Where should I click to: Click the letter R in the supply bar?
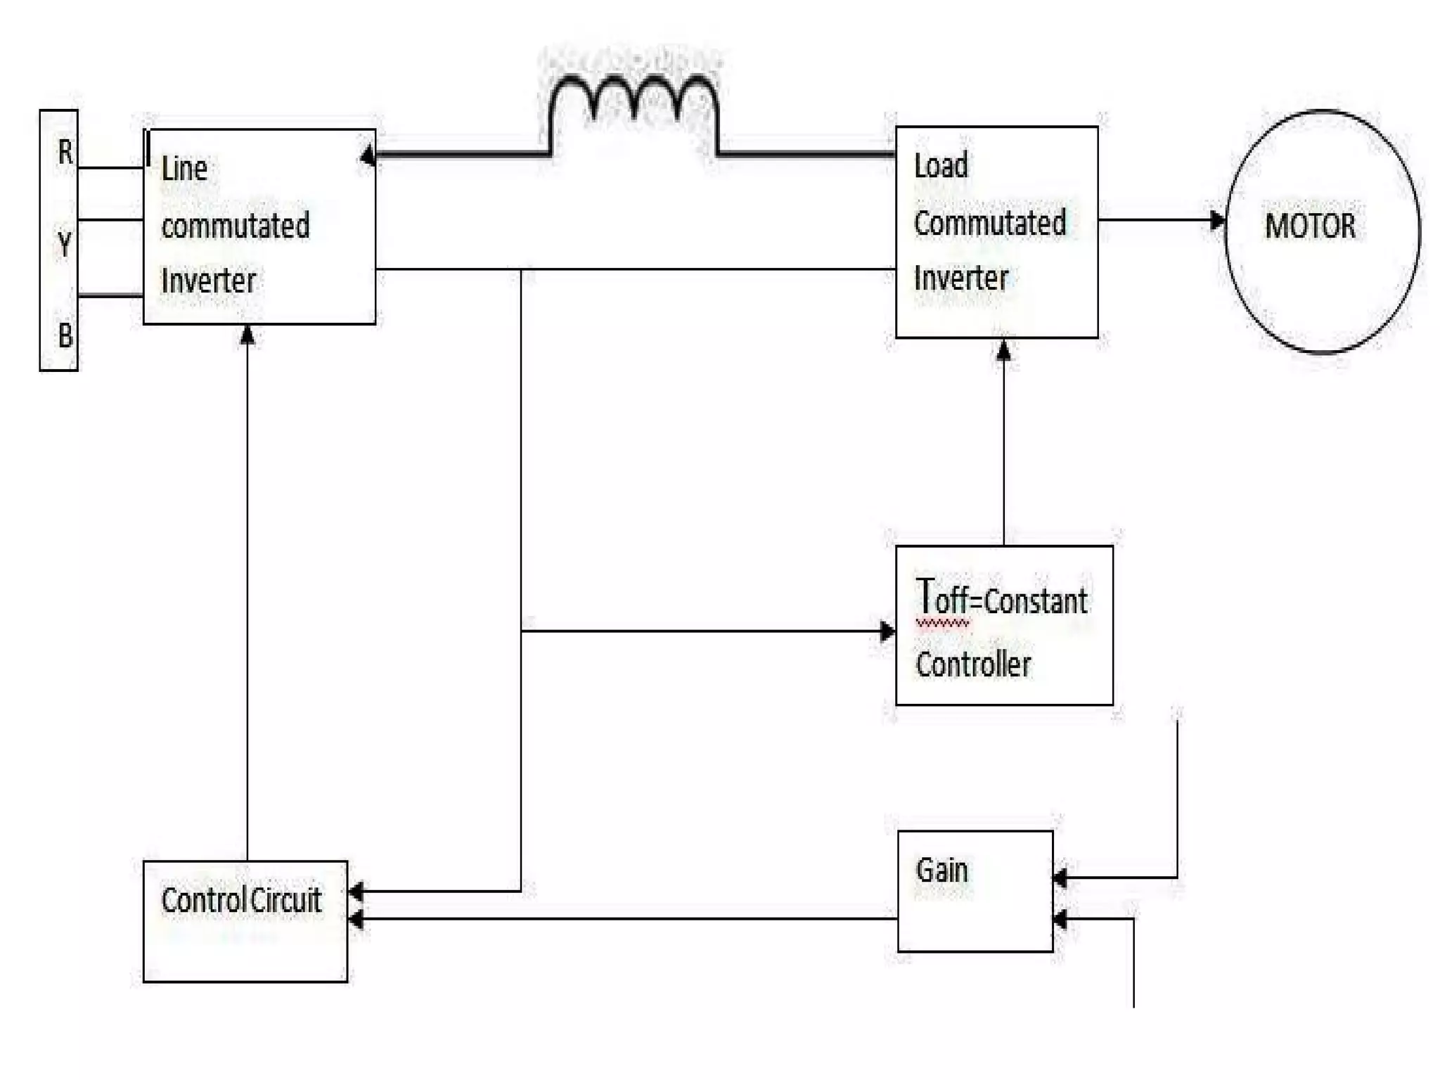pyautogui.click(x=65, y=152)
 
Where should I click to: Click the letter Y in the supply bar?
pyautogui.click(x=64, y=245)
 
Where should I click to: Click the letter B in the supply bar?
pyautogui.click(x=65, y=335)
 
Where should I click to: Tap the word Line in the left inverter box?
pyautogui.click(x=184, y=169)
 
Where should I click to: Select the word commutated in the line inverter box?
pyautogui.click(x=236, y=226)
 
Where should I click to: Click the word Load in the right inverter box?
pyautogui.click(x=941, y=166)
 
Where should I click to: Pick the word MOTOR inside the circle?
pyautogui.click(x=1310, y=226)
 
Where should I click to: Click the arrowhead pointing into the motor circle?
pyautogui.click(x=1217, y=220)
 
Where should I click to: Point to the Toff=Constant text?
pyautogui.click(x=1002, y=599)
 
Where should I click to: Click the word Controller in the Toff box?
pyautogui.click(x=973, y=664)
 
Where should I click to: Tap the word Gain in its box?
pyautogui.click(x=942, y=870)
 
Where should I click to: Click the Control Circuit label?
pyautogui.click(x=241, y=901)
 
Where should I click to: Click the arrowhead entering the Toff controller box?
pyautogui.click(x=887, y=631)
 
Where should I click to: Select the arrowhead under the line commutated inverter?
pyautogui.click(x=247, y=335)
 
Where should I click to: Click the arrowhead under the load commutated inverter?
pyautogui.click(x=1003, y=349)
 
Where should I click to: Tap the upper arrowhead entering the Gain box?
pyautogui.click(x=1060, y=877)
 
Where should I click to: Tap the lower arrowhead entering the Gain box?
pyautogui.click(x=1060, y=919)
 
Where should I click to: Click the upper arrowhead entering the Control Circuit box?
pyautogui.click(x=356, y=892)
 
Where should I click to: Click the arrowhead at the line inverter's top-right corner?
pyautogui.click(x=368, y=155)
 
